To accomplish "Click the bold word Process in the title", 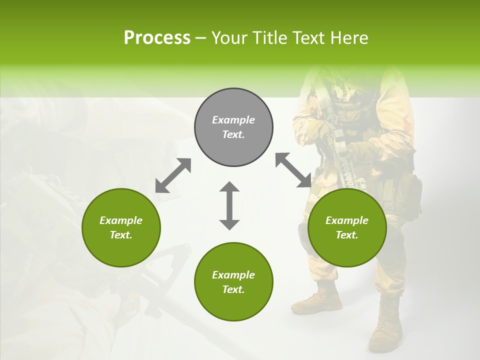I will pyautogui.click(x=157, y=38).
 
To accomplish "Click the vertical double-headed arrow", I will pyautogui.click(x=229, y=205).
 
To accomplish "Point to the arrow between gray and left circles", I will pyautogui.click(x=173, y=175).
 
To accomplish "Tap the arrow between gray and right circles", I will pyautogui.click(x=293, y=170).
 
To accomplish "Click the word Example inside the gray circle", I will pyautogui.click(x=233, y=120).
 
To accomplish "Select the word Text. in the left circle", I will pyautogui.click(x=121, y=235).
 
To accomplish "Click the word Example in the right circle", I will pyautogui.click(x=347, y=220).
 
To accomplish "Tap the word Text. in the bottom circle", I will pyautogui.click(x=233, y=289).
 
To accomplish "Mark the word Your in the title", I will pyautogui.click(x=230, y=38).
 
